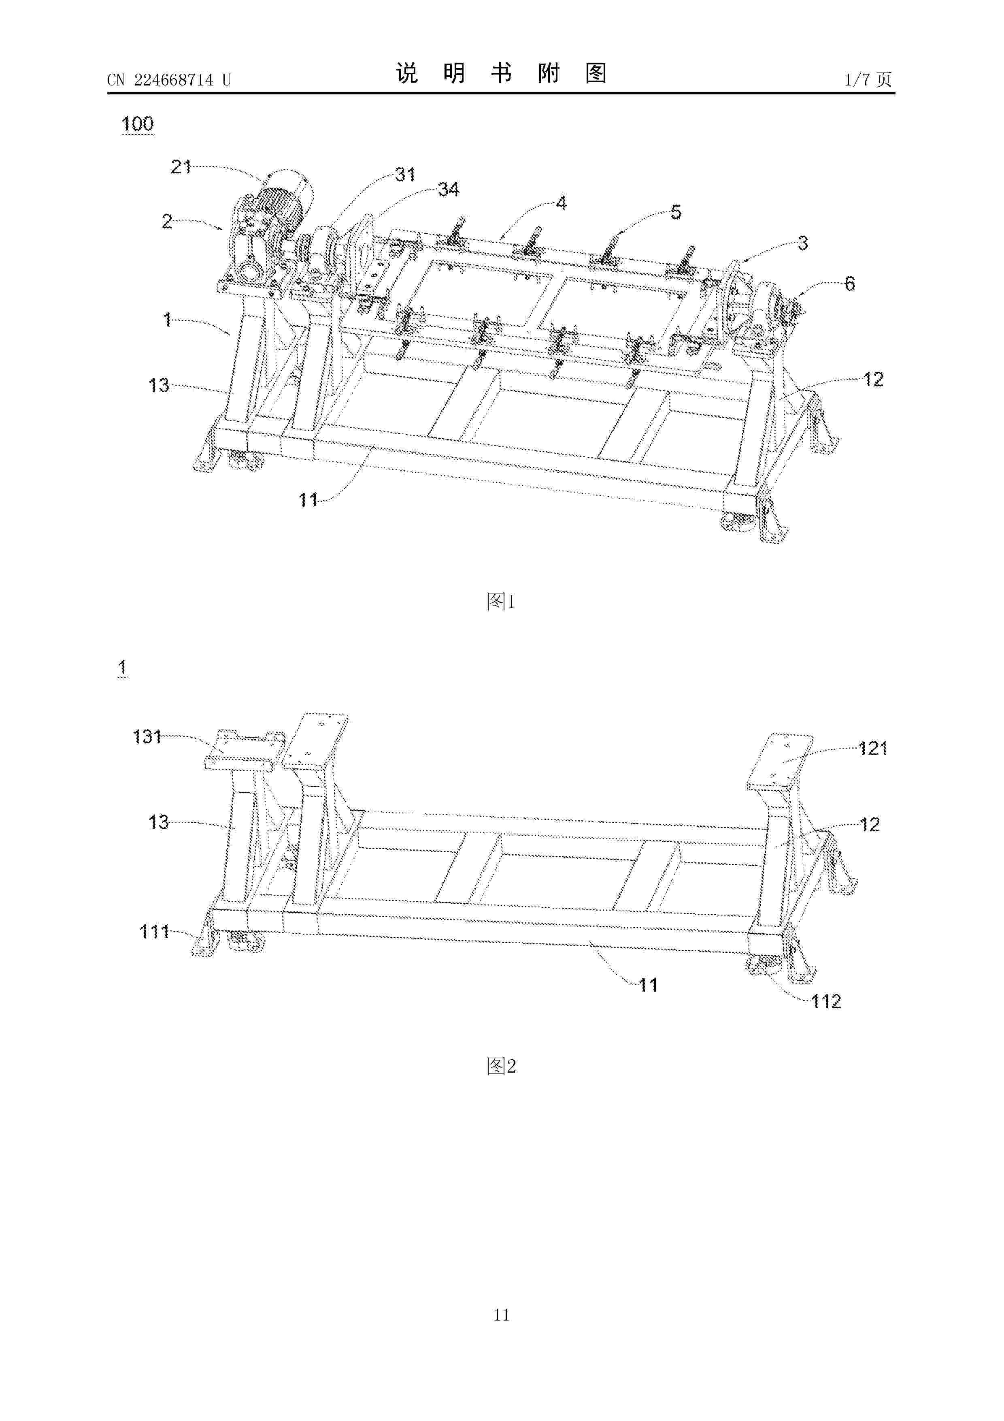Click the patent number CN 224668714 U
click(x=169, y=80)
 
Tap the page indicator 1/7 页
click(x=868, y=79)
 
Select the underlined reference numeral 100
click(x=137, y=124)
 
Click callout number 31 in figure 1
click(x=405, y=175)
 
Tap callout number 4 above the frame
click(x=561, y=203)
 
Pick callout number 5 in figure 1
click(x=676, y=212)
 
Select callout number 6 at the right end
click(x=850, y=284)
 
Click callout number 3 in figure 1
click(x=802, y=243)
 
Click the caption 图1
click(x=501, y=601)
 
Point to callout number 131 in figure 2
click(x=147, y=736)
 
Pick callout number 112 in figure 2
click(x=826, y=1001)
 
